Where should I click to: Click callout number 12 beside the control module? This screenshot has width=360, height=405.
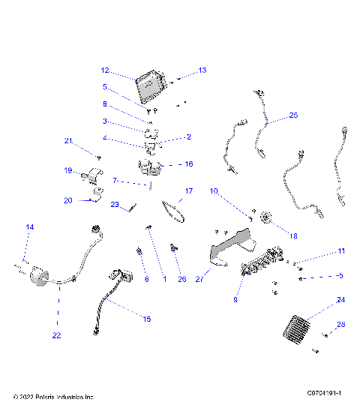tap(106, 70)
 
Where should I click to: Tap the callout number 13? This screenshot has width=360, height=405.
tap(202, 70)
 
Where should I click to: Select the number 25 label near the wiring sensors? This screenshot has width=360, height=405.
tap(293, 115)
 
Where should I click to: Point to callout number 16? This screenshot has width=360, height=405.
tap(188, 163)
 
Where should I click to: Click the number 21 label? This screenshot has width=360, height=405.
tap(67, 141)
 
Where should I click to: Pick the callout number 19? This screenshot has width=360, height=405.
tap(67, 170)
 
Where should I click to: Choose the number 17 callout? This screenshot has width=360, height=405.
tap(189, 191)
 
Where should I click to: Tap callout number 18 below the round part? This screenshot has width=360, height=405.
tap(293, 235)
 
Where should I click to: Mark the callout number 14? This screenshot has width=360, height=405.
tap(30, 226)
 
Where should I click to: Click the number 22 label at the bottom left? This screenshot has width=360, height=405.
tap(56, 335)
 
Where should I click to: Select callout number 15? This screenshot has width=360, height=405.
tap(147, 319)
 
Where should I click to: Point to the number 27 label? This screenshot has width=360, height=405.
tap(199, 278)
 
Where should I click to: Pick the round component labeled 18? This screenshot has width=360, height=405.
tap(265, 219)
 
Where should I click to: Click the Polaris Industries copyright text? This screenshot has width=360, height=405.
tap(54, 396)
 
